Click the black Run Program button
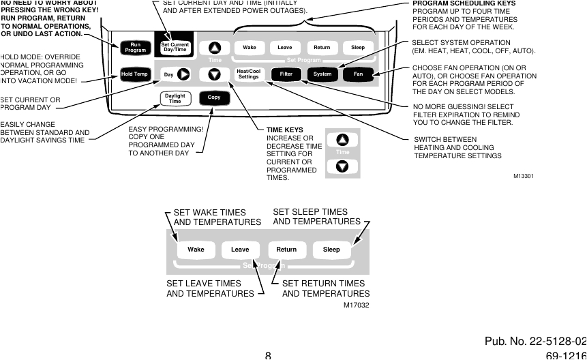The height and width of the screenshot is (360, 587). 134,47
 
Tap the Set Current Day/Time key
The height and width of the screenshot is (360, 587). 174,47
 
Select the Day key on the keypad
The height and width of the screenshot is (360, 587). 168,74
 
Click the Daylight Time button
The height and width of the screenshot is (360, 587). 175,98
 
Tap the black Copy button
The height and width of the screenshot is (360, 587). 214,97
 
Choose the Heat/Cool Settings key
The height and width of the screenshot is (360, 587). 248,74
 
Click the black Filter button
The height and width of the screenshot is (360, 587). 286,74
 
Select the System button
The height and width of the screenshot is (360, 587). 322,74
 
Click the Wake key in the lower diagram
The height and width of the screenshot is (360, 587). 196,250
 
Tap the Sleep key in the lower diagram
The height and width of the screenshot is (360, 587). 331,250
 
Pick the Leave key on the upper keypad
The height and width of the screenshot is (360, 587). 285,48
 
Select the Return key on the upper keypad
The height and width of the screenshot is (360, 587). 322,48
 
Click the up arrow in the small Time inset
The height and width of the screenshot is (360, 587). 342,140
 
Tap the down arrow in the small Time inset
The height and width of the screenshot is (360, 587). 342,166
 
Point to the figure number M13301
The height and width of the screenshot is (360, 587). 523,176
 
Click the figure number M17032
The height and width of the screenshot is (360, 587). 357,305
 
